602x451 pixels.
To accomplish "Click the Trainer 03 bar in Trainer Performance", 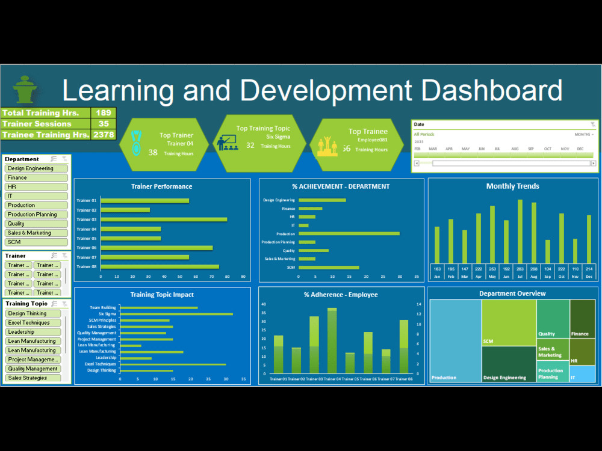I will coord(164,219).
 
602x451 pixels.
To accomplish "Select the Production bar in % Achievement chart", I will coord(349,233).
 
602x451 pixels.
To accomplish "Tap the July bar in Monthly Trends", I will coord(520,231).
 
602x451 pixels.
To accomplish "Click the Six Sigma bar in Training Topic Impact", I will coord(176,314).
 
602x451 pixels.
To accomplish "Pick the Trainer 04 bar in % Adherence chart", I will coord(332,341).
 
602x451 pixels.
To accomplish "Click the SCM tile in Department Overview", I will coord(508,322).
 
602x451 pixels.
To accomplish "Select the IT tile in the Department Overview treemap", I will coord(582,374).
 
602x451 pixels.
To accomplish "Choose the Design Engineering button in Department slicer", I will coord(36,168).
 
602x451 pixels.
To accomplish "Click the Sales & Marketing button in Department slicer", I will coord(36,233).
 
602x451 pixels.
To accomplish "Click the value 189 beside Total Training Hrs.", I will coord(104,113).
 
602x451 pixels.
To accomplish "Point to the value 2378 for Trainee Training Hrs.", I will coord(104,135).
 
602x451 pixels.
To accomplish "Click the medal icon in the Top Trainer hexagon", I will coord(137,144).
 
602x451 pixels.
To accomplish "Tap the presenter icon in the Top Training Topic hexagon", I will coord(227,143).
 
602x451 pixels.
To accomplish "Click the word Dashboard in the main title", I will coord(491,90).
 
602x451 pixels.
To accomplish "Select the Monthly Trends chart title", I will coord(513,186).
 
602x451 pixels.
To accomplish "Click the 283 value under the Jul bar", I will coord(520,269).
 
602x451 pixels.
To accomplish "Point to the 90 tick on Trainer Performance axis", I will coord(243,277).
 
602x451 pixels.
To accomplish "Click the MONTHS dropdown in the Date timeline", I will coord(584,135).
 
